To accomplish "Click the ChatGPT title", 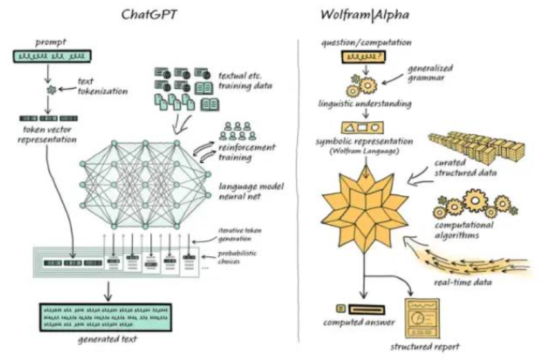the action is pos(149,15).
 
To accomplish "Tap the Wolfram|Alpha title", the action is pos(365,15).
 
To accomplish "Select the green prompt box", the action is pos(52,57).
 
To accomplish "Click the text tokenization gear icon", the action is pos(51,90).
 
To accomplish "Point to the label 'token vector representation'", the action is pos(47,135).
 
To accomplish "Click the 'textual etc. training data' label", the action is pos(245,81).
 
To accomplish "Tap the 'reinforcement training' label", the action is pos(246,152).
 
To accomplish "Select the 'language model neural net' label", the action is pos(251,191).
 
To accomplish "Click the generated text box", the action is pos(106,317).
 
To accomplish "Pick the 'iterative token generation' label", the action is pos(240,234).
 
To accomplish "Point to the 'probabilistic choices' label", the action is pos(237,257).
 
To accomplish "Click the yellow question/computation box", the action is pos(364,57).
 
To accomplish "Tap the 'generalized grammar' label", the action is pos(430,73).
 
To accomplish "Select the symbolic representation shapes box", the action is pos(362,128).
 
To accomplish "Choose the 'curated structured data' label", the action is pos(465,167).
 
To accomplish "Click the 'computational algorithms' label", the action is pos(464,230).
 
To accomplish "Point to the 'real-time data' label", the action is pos(463,282).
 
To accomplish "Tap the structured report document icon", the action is pos(422,318).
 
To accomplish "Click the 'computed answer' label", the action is pos(359,323).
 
